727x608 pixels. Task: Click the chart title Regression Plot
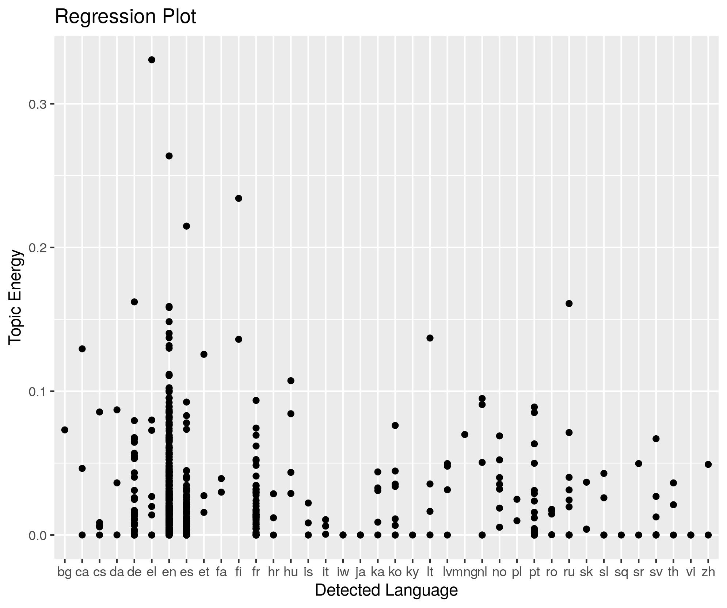click(125, 17)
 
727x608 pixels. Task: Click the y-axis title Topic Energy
click(16, 297)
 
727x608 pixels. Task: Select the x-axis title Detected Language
click(386, 590)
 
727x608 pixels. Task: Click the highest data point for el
click(152, 60)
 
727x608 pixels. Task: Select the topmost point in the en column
click(169, 156)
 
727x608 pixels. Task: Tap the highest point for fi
click(239, 198)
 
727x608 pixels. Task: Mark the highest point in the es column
click(186, 226)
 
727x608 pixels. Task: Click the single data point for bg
click(65, 430)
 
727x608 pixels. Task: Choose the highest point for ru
click(569, 303)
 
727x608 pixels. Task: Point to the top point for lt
click(430, 338)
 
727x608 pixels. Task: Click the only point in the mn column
click(465, 435)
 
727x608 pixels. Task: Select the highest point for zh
click(708, 464)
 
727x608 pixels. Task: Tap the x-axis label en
click(169, 572)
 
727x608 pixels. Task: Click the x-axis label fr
click(256, 572)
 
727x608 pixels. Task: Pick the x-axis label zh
click(708, 572)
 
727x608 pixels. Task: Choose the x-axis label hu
click(291, 572)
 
